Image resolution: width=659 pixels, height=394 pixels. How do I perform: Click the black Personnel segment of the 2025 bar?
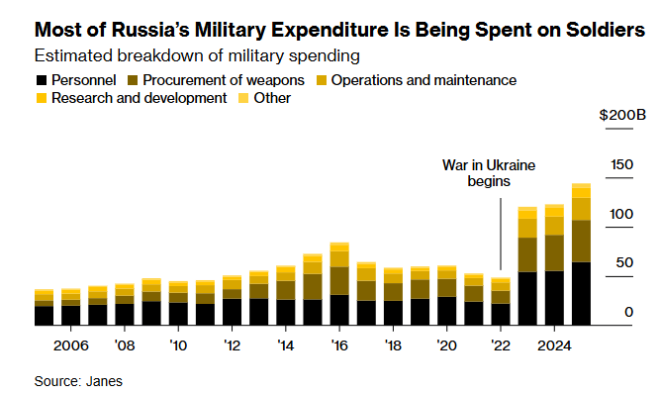point(581,294)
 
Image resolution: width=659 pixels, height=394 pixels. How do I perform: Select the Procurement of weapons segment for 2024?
point(554,252)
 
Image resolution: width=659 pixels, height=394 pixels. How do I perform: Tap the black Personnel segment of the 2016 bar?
point(339,310)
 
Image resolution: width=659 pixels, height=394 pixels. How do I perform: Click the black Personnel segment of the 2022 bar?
point(501,314)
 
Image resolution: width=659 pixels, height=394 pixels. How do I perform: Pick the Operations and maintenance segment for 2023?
point(527,228)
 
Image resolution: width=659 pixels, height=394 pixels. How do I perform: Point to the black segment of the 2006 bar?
point(70,315)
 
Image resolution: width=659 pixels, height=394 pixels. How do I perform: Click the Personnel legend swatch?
point(41,79)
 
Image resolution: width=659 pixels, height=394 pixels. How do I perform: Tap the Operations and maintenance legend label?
point(424,79)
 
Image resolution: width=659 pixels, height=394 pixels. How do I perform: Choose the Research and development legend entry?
point(139,98)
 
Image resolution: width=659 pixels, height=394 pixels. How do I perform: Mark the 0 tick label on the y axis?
point(628,313)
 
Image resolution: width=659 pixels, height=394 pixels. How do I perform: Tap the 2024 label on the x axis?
point(554,345)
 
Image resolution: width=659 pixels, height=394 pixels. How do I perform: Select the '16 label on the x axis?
point(339,345)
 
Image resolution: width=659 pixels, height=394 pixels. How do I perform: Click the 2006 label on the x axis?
point(70,345)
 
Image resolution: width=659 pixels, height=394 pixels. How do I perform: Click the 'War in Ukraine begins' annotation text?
point(475,173)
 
